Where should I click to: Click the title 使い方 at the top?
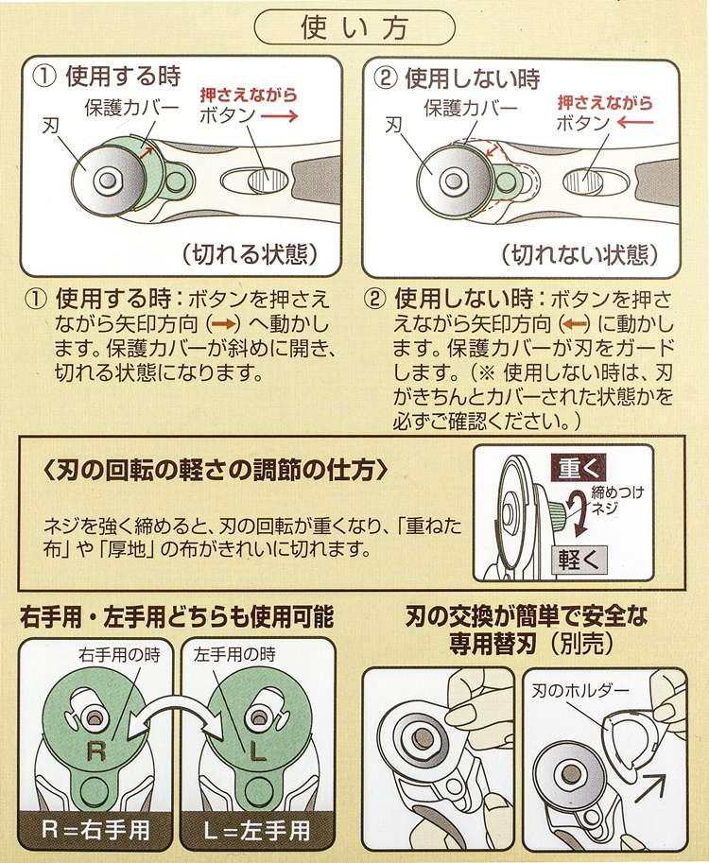pos(354,28)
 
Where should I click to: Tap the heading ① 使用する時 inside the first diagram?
pos(107,76)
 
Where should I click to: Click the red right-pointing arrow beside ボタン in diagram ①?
pos(279,115)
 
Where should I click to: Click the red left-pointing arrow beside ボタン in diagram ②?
pos(634,122)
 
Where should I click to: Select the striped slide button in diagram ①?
pos(268,180)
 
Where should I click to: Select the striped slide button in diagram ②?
pos(583,181)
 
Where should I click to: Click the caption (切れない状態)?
pos(580,255)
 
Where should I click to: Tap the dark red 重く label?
pos(579,469)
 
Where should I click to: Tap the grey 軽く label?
pos(579,561)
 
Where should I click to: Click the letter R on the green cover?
pos(96,751)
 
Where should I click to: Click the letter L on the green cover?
pos(259,751)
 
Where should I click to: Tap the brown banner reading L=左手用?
pos(257,831)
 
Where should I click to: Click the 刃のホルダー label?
pos(579,691)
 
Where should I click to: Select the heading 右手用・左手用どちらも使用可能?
pos(177,616)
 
